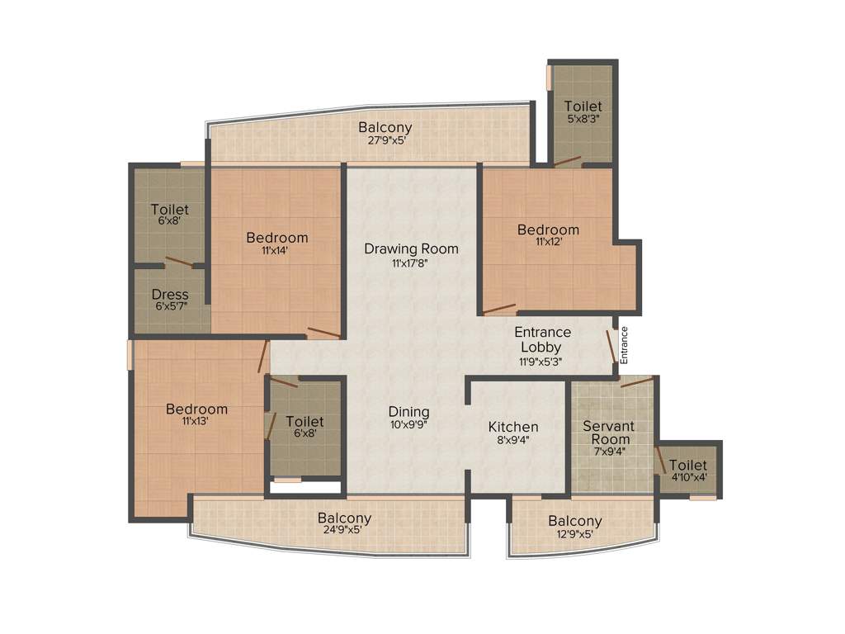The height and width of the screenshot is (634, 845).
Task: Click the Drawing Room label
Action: click(411, 248)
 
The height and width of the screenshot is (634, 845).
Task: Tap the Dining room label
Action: click(409, 412)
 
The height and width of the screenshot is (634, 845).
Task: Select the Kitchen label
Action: click(513, 427)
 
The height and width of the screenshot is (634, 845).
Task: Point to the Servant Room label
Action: click(609, 433)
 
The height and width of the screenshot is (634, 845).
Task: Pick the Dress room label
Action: click(171, 295)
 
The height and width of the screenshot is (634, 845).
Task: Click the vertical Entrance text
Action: click(625, 344)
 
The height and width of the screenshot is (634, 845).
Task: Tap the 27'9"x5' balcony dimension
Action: click(386, 140)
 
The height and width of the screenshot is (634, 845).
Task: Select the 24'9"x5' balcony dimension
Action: click(345, 532)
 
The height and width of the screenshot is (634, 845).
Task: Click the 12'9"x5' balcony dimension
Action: click(575, 534)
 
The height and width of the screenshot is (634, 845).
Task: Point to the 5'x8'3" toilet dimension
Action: click(583, 118)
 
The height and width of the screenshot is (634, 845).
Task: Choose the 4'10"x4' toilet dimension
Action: click(688, 477)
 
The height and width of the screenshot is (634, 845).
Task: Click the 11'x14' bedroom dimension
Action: click(277, 250)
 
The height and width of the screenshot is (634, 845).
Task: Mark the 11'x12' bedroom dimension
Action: click(548, 242)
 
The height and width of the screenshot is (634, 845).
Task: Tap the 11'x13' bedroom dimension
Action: click(196, 421)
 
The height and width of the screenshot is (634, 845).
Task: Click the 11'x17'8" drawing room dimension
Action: click(411, 263)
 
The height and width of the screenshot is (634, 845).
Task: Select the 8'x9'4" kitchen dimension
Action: click(513, 440)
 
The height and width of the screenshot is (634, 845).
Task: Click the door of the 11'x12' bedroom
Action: click(499, 310)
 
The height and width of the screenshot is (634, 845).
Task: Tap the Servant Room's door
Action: click(636, 381)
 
